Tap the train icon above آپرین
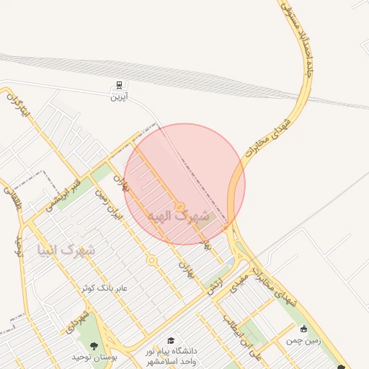click(x=118, y=84)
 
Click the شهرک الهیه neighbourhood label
click(x=177, y=216)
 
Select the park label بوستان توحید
click(x=94, y=357)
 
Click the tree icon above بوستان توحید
click(x=94, y=346)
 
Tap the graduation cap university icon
click(x=171, y=340)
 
